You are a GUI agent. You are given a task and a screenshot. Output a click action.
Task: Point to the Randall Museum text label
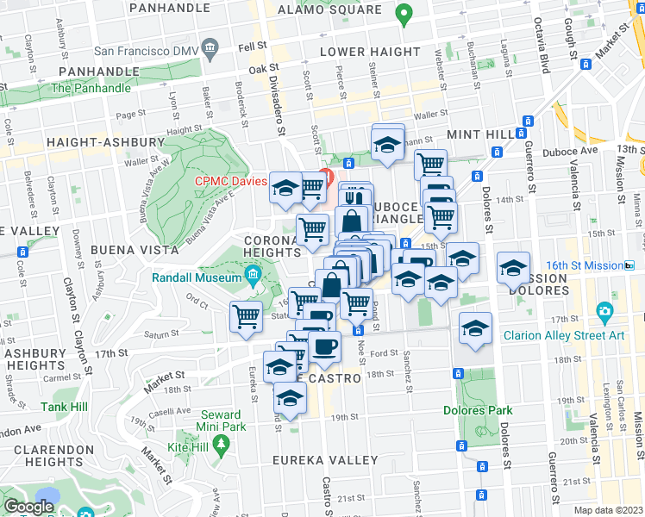pos(196,277)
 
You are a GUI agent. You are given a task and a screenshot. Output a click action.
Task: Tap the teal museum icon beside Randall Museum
pos(253,277)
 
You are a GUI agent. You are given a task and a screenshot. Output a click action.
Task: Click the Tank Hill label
pos(61,407)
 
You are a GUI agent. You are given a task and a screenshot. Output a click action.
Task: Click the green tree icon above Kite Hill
pos(222,443)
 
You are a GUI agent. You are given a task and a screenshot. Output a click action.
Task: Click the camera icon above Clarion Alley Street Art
pos(605,311)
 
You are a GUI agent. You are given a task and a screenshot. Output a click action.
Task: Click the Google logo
pos(29,507)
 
